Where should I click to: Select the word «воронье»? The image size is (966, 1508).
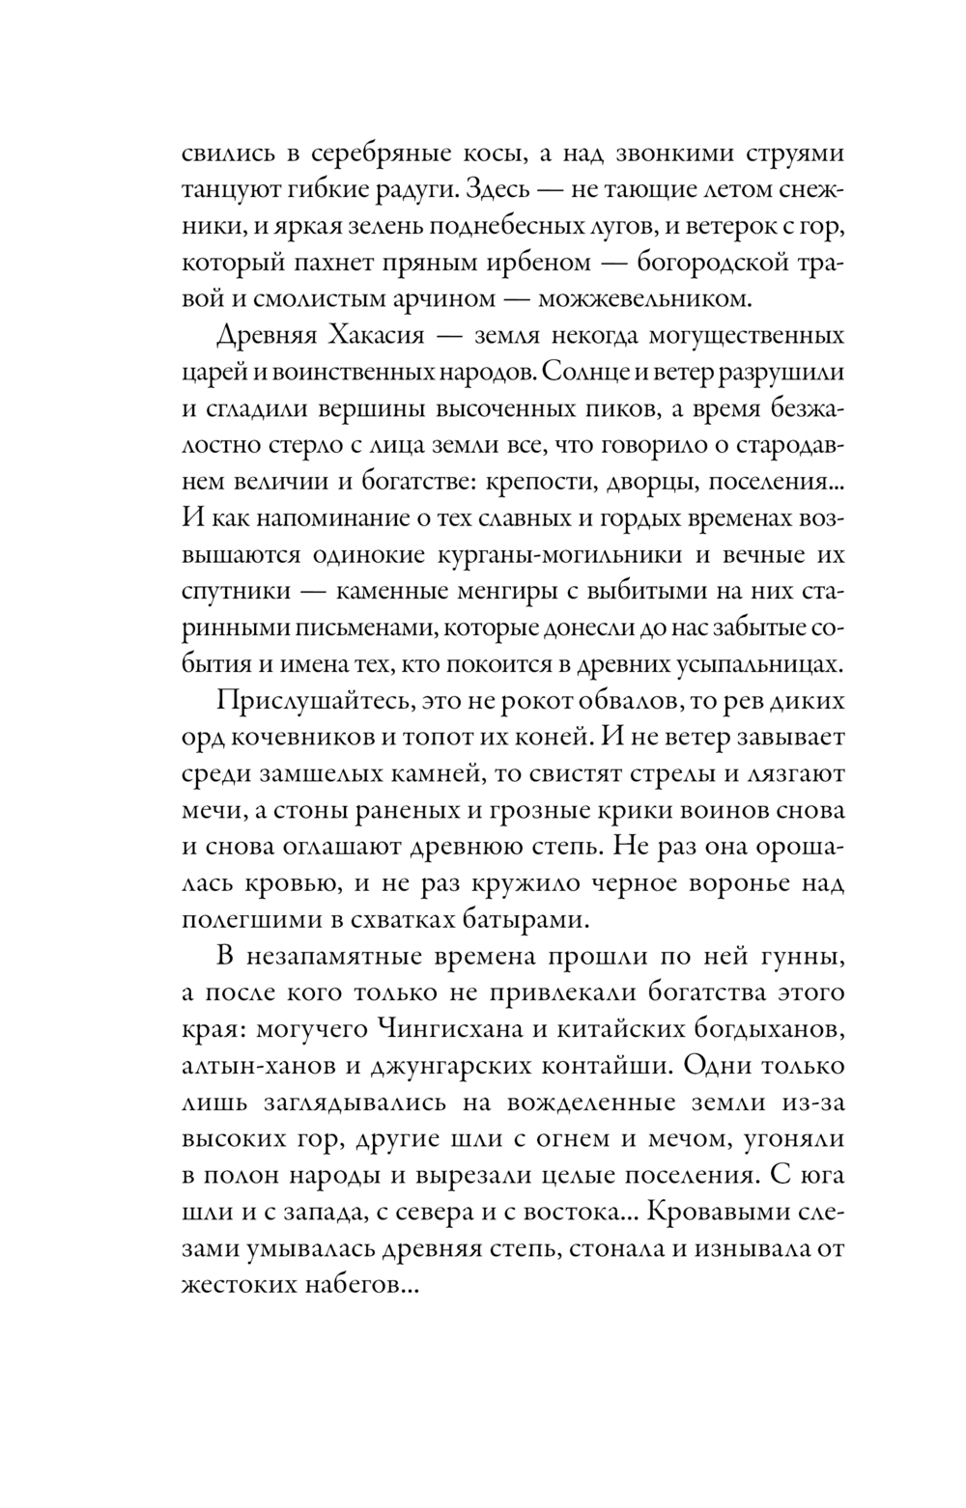[740, 882]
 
